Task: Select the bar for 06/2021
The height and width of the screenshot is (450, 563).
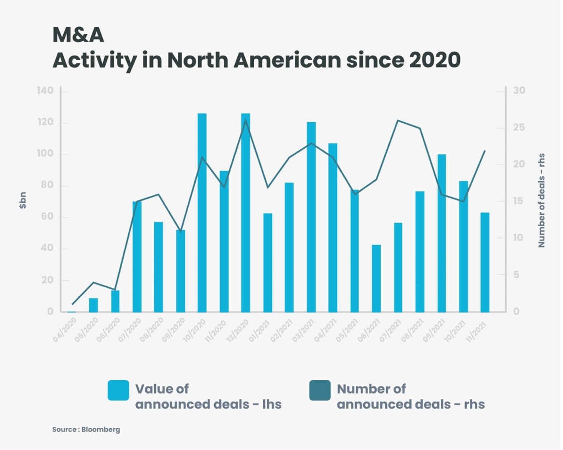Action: pos(376,278)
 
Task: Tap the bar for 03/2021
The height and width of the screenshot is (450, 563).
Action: pos(311,217)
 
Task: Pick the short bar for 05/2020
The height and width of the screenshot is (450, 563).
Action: pos(94,305)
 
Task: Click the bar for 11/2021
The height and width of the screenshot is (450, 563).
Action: pos(485,262)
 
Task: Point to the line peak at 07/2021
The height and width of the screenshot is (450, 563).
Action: pos(398,121)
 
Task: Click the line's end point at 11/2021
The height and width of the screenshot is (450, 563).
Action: pos(485,151)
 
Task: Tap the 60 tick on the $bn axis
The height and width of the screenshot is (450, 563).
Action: pos(47,217)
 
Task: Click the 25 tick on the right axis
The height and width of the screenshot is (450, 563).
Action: pos(519,128)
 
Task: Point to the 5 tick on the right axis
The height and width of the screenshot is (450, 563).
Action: pos(516,275)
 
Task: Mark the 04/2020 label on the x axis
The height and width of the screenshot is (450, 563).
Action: pos(64,330)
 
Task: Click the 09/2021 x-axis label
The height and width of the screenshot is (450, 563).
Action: pos(434,330)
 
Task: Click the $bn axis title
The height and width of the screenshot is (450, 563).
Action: pos(23,200)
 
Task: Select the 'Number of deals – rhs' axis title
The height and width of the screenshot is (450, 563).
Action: pos(542,200)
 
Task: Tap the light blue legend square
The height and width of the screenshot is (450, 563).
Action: pos(118,391)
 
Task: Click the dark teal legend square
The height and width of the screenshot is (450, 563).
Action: pos(320,391)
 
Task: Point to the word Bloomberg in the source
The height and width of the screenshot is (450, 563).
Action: pos(101,429)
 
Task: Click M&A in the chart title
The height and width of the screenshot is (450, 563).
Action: pos(78,35)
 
